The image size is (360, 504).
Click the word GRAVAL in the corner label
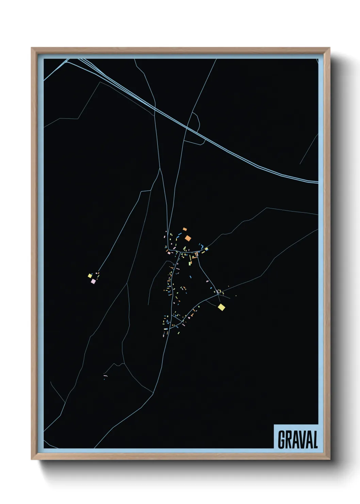click(x=298, y=440)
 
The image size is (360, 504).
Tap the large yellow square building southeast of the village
click(x=222, y=308)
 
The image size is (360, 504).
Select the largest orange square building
click(x=188, y=238)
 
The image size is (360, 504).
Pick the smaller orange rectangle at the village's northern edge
click(x=185, y=229)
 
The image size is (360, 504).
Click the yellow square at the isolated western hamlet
click(x=90, y=275)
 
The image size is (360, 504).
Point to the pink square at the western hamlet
click(x=93, y=281)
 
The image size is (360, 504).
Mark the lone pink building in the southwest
click(x=105, y=376)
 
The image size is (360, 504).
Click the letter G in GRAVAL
click(x=282, y=440)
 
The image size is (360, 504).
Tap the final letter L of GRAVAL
click(x=314, y=440)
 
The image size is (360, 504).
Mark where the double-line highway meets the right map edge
click(x=317, y=182)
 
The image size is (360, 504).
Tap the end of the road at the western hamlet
click(x=98, y=272)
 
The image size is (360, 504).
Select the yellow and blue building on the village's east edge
click(x=206, y=249)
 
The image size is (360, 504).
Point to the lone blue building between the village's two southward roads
click(x=190, y=277)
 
